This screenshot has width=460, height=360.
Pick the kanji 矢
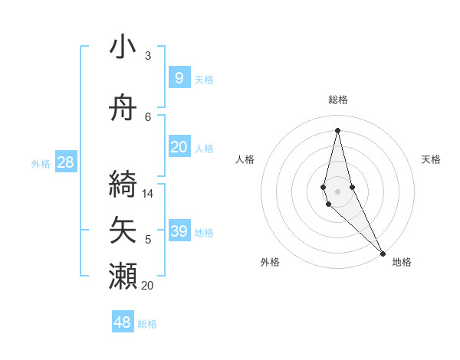(123, 230)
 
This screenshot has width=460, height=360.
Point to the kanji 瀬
(123, 276)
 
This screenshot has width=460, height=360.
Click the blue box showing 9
(179, 77)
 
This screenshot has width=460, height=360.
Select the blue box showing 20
(179, 146)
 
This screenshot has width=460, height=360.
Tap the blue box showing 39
(179, 231)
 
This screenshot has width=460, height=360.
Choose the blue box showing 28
(65, 162)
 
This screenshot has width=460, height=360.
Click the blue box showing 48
(123, 322)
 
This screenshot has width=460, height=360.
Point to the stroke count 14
(148, 194)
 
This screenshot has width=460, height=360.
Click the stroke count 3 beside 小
(148, 56)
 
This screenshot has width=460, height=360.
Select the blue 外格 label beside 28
(41, 163)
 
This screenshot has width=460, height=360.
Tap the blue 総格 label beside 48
(147, 324)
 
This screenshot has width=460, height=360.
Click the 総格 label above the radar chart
(337, 100)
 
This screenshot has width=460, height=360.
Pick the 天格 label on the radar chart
(431, 159)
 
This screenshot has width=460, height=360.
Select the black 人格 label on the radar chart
(245, 159)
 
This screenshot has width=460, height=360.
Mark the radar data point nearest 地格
(383, 252)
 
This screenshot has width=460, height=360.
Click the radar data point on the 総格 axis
(337, 129)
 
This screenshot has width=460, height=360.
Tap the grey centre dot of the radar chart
(337, 190)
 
